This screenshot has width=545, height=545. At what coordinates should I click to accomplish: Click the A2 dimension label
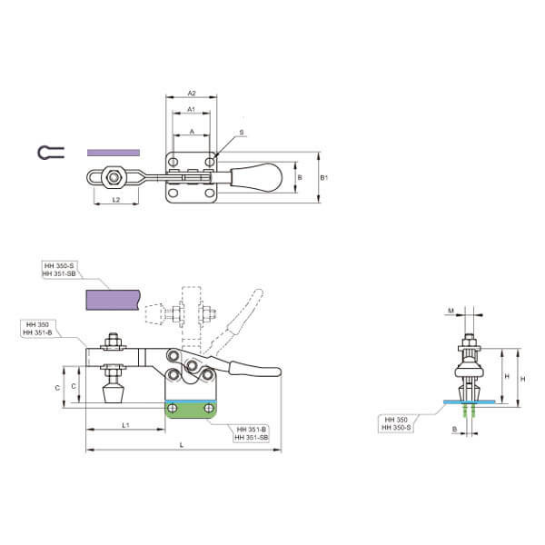coord(192,94)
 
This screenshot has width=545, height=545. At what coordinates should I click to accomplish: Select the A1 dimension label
coord(191,110)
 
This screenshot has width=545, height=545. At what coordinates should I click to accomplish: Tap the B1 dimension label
coord(323,178)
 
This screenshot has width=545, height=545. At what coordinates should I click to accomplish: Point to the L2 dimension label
coord(116,200)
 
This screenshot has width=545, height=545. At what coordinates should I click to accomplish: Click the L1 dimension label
coord(126,425)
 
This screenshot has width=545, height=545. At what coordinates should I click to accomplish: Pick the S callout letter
coord(242,133)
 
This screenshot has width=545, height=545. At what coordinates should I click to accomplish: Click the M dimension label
coord(451,311)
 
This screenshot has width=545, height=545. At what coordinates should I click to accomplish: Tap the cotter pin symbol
coord(51,153)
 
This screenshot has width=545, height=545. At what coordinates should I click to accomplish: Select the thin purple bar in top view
coord(114,153)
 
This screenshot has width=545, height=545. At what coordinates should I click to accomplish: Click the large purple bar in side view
coord(113,300)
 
